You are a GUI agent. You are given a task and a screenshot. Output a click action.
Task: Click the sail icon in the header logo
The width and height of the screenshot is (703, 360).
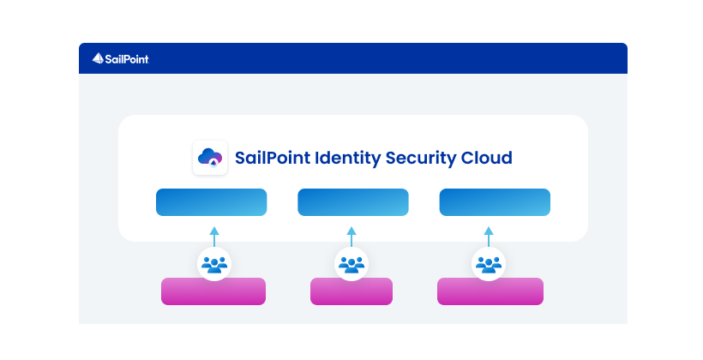(98, 58)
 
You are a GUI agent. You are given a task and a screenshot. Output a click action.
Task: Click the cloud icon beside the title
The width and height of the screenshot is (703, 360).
(210, 158)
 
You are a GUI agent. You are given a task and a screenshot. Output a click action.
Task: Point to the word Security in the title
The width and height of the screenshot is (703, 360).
(422, 159)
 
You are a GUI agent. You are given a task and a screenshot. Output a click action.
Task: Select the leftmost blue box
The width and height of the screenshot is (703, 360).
(211, 202)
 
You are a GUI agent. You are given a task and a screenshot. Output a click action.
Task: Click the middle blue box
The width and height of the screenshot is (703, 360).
(352, 202)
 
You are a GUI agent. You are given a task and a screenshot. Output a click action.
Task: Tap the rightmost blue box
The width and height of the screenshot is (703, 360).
(495, 202)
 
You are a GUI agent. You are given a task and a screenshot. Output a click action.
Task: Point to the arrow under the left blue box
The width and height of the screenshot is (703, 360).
(213, 235)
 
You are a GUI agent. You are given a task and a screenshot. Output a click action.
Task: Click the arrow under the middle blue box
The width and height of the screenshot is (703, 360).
(351, 235)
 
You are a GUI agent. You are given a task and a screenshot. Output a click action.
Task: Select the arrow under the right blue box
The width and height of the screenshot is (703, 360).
(489, 235)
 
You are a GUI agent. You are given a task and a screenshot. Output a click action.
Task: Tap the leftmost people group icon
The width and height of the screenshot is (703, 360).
(213, 264)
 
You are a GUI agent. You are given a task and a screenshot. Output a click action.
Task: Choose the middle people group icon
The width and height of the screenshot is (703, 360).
(351, 264)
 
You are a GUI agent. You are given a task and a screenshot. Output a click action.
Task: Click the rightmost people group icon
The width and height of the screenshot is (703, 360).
(489, 264)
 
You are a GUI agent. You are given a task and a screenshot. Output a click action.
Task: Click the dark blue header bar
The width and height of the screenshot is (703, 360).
(386, 58)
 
